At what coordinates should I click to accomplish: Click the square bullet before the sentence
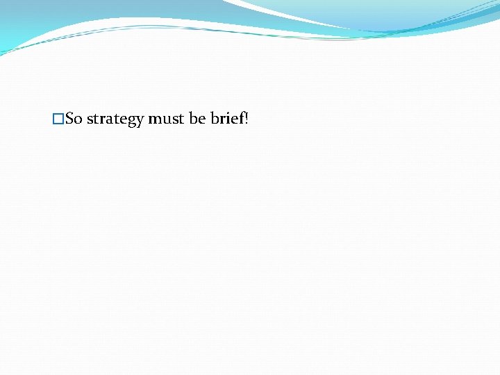(x=58, y=119)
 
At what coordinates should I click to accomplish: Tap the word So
(x=74, y=119)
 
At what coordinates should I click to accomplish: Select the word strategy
(x=115, y=120)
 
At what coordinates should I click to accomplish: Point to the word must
(x=165, y=119)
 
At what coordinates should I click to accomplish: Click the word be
(x=197, y=119)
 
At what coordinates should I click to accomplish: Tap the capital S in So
(x=69, y=119)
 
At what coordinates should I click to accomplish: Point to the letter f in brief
(x=240, y=119)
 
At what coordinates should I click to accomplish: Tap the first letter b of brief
(x=214, y=119)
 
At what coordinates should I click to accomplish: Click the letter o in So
(x=78, y=121)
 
